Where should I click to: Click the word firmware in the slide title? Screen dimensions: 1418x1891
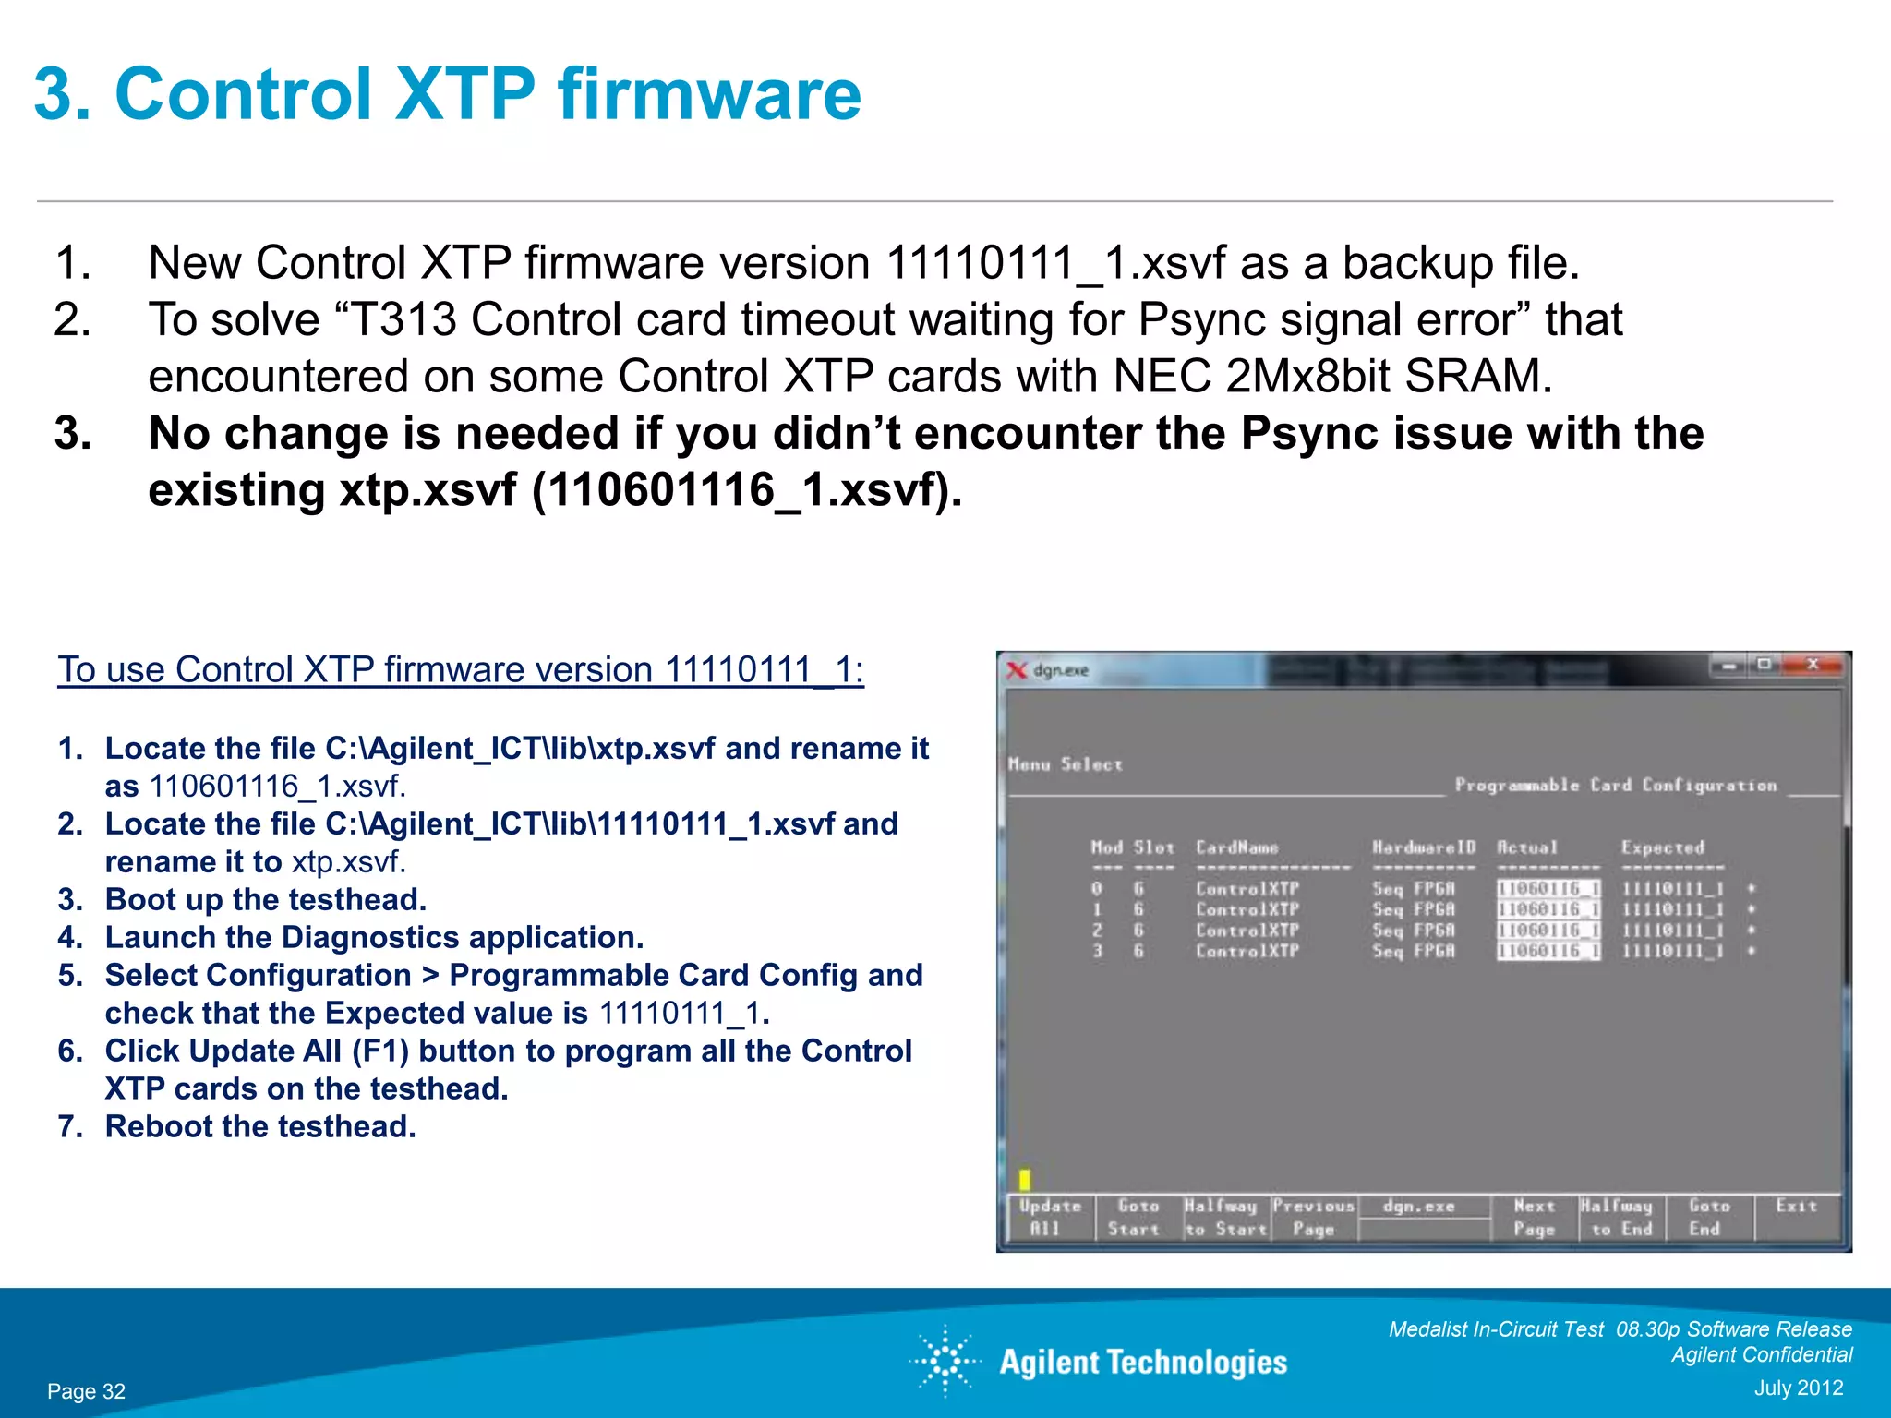tap(708, 94)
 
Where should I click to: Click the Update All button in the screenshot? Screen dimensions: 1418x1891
tap(1049, 1217)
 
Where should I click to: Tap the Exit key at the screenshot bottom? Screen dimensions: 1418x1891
tap(1796, 1207)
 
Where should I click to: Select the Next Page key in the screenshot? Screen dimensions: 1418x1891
tap(1534, 1217)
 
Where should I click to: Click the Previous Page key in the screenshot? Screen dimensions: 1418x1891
tap(1313, 1217)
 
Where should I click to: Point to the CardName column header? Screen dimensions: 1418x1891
tap(1236, 847)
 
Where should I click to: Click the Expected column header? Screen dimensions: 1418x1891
tap(1662, 847)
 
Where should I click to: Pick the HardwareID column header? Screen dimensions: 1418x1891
tap(1423, 847)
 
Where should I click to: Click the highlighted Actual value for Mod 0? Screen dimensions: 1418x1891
tap(1548, 889)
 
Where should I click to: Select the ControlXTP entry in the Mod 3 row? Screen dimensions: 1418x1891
tap(1247, 951)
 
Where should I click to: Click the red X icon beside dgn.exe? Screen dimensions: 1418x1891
tap(1017, 670)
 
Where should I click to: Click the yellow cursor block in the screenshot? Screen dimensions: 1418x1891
tap(1024, 1179)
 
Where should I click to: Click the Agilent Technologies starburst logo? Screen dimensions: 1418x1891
tap(945, 1361)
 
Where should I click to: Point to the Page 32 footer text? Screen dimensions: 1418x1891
tap(86, 1391)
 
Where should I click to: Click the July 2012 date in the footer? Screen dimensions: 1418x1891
tap(1798, 1388)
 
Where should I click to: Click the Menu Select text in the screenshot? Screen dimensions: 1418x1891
tap(1065, 764)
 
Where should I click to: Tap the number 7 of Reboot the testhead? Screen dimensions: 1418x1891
tap(66, 1127)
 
